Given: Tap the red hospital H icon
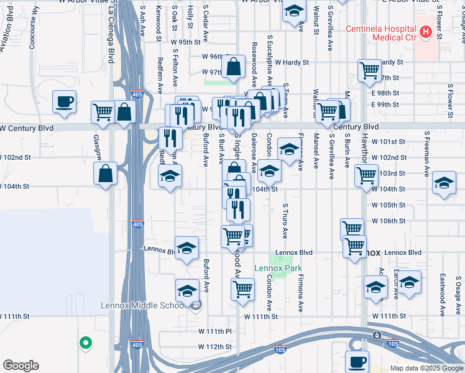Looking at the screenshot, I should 426,32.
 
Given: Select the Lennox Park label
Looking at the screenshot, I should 277,269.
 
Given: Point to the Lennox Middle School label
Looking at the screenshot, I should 143,305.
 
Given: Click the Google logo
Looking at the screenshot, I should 21,366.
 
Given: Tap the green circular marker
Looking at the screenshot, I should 85,342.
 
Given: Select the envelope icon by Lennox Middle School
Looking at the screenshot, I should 196,305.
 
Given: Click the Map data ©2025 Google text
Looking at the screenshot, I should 426,368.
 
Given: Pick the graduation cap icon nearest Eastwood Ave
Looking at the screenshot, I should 409,281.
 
